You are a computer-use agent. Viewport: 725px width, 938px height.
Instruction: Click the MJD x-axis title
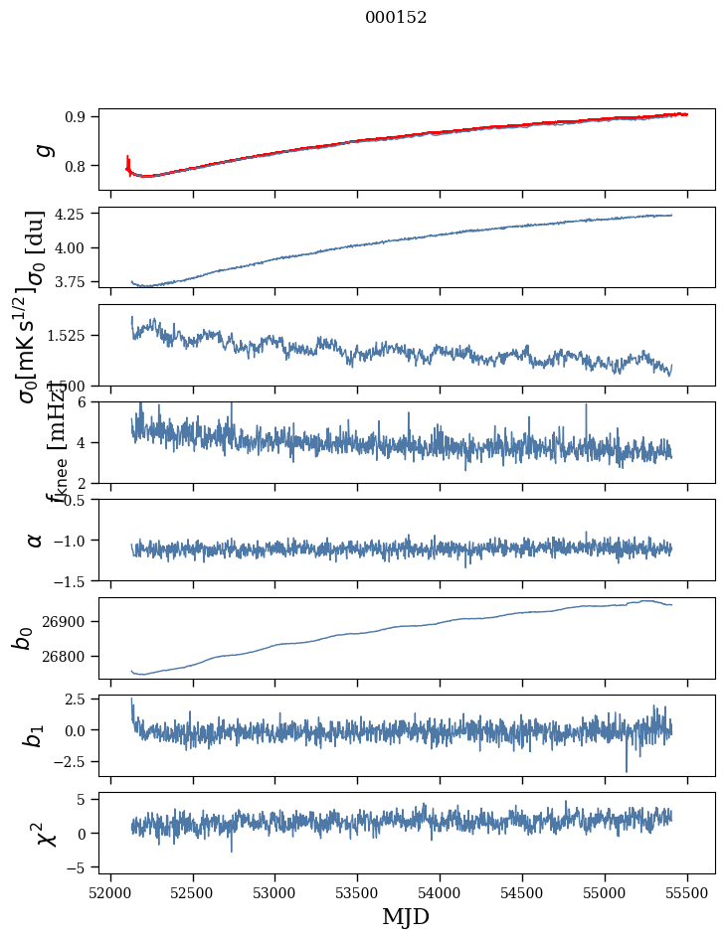click(x=406, y=916)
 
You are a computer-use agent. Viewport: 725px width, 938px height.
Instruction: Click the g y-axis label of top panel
click(x=43, y=149)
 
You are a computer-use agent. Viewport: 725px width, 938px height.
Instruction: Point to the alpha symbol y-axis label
click(x=36, y=540)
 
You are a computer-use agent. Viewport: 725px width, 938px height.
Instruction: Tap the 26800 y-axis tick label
click(x=67, y=657)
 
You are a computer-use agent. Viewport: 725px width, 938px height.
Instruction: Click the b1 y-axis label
click(x=34, y=735)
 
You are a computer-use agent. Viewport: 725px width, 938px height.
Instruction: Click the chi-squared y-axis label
click(x=45, y=834)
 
